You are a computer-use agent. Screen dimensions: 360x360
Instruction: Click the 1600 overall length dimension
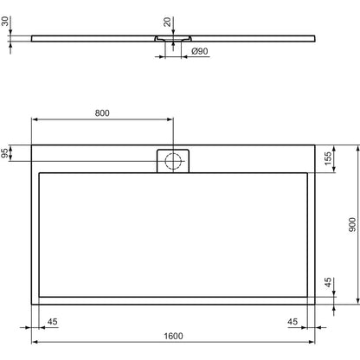[173, 336]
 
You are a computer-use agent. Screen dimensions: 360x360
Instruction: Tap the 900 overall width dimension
[352, 225]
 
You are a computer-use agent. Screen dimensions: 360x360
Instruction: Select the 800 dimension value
[102, 113]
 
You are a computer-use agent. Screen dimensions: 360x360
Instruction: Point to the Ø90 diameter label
[200, 51]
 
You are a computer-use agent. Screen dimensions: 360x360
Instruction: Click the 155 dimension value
[328, 158]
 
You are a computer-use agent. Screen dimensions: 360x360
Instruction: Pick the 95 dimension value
[4, 153]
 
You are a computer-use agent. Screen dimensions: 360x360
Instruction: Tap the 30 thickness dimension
[5, 21]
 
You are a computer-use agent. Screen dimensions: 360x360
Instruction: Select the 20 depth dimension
[167, 22]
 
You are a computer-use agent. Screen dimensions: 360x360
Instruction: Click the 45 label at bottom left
[53, 321]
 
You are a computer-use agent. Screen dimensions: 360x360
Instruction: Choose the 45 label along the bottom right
[292, 321]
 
